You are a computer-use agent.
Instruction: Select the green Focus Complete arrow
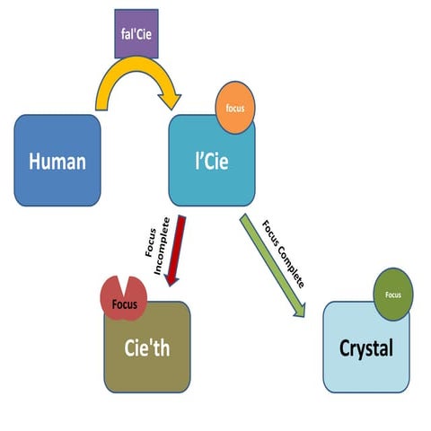[273, 264]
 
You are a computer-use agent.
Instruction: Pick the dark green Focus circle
[392, 295]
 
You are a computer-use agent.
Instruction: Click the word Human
[57, 162]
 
